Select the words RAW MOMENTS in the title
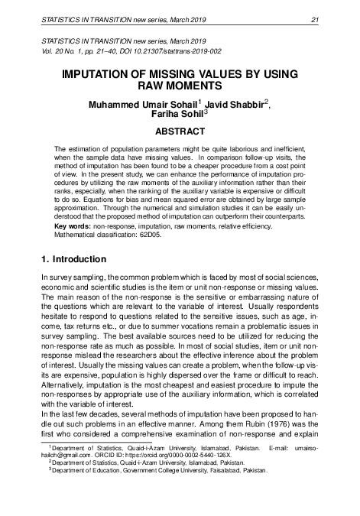[180, 89]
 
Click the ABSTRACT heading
[180, 131]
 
